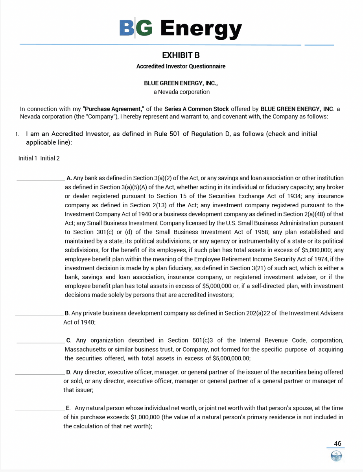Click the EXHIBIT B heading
pos(181,55)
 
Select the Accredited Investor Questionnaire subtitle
pos(181,66)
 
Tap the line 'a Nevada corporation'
pos(181,92)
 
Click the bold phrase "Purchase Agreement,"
pos(114,109)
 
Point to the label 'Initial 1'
pos(28,158)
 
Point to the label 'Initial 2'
pos(50,158)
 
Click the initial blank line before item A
pos(41,180)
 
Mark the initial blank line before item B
pos(39,315)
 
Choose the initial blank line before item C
pos(41,342)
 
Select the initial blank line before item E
pos(39,410)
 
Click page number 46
pos(337,444)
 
